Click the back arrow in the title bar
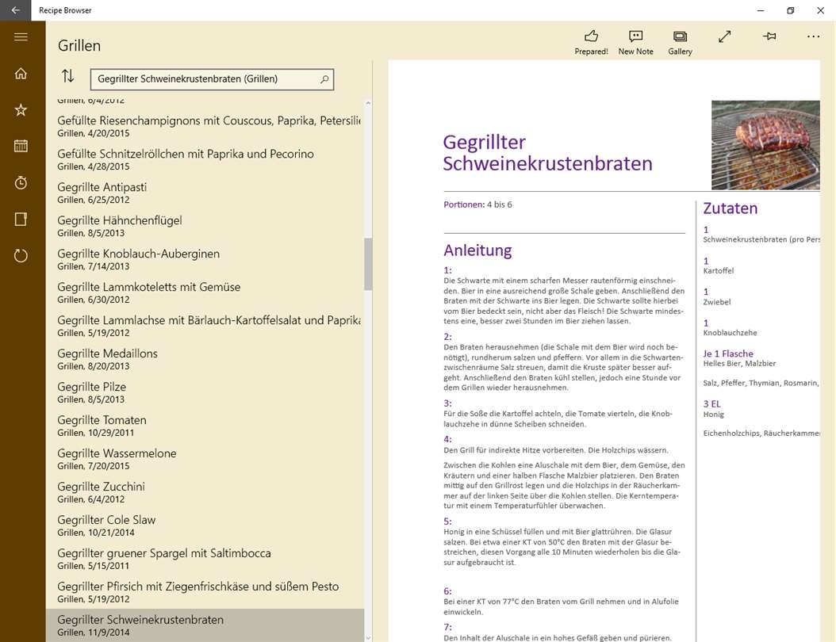(x=15, y=10)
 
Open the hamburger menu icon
(x=21, y=36)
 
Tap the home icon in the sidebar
(x=21, y=74)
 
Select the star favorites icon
(x=21, y=110)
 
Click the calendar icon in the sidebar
(x=21, y=146)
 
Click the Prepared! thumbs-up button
(x=591, y=42)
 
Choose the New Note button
(x=635, y=42)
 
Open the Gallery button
(x=680, y=42)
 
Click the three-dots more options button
(x=813, y=36)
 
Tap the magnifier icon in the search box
(x=324, y=79)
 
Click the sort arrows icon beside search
(x=68, y=76)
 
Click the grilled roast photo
(x=765, y=145)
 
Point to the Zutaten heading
(x=730, y=208)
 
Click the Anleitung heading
(x=477, y=250)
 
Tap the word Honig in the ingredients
(x=713, y=415)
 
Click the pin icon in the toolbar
(x=769, y=36)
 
